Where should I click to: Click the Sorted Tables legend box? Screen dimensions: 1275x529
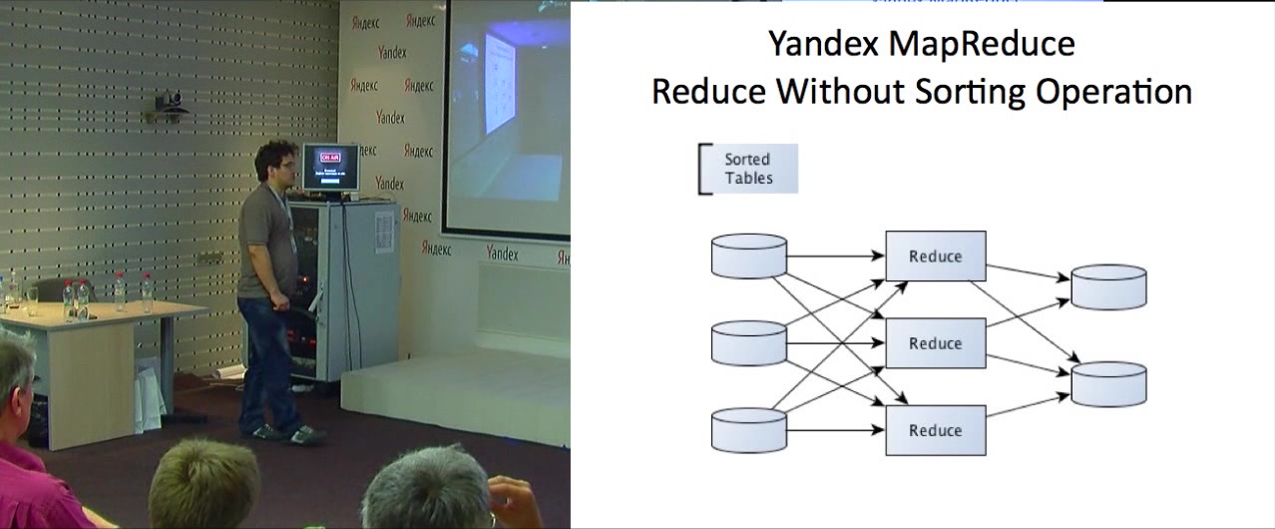tap(748, 169)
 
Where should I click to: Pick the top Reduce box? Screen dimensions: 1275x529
tap(936, 257)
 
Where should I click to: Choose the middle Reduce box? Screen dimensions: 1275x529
tap(936, 343)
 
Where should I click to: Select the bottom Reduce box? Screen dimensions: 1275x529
tap(936, 430)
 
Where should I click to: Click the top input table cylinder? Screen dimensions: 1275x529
tap(749, 256)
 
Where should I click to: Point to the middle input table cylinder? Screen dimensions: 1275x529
tap(749, 343)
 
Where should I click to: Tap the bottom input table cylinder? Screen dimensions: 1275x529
tap(749, 430)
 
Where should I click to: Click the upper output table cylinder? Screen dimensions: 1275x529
tap(1108, 286)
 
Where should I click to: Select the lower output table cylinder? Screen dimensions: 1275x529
tap(1108, 384)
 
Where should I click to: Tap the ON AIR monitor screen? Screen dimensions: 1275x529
tap(330, 169)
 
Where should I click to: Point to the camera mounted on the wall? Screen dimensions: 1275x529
tap(171, 101)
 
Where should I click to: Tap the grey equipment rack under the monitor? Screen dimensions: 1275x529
tap(344, 289)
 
